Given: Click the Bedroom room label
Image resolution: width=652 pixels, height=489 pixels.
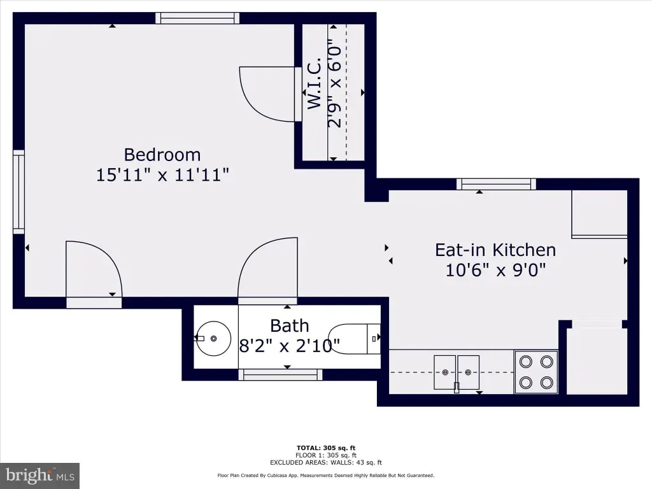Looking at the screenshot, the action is click(x=162, y=155).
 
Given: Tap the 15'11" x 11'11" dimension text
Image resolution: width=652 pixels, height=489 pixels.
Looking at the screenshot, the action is click(x=162, y=174).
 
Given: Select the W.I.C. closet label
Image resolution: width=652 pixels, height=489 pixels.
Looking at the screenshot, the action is click(x=315, y=83).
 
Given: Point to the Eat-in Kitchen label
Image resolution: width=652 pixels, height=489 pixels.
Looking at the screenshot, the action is click(x=495, y=250).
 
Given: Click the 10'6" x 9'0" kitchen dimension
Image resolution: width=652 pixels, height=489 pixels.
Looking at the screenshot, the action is click(x=495, y=270).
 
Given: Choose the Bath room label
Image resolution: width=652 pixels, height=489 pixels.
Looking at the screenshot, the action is click(x=290, y=325).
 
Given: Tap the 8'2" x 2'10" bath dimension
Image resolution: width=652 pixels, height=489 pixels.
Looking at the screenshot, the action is click(x=290, y=346).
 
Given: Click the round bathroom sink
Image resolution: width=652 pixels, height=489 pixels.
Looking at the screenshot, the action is click(x=213, y=339).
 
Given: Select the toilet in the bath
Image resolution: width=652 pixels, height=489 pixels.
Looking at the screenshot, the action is click(x=354, y=339).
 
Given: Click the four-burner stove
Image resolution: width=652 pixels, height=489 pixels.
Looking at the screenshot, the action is click(x=536, y=372).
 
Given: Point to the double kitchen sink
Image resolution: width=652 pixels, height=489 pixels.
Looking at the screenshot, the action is click(x=457, y=372).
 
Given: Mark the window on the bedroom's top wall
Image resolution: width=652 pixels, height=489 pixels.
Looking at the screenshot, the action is click(x=198, y=18).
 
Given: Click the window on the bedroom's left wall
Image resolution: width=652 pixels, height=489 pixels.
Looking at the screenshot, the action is click(x=18, y=192).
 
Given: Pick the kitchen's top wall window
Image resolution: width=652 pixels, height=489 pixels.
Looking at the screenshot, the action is click(x=496, y=184).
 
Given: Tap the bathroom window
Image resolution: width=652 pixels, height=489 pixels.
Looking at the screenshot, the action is click(x=280, y=374).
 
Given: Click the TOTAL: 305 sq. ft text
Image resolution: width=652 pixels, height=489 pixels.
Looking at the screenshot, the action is click(x=326, y=448).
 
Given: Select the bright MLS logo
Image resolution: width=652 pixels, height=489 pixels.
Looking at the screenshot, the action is click(x=40, y=476).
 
